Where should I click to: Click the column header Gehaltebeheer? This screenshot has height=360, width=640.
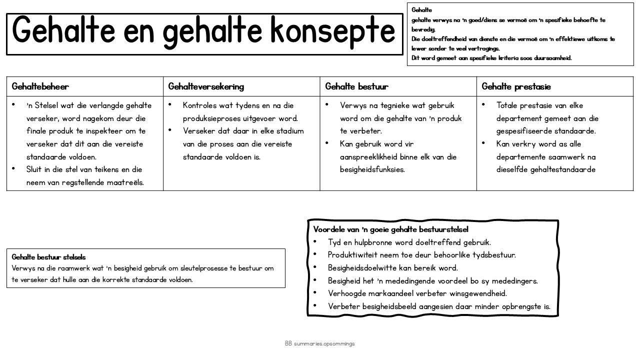[40, 86]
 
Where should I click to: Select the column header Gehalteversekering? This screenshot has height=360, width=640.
[206, 86]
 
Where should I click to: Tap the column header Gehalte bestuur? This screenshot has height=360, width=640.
[356, 86]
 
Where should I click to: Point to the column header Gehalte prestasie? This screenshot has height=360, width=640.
[516, 86]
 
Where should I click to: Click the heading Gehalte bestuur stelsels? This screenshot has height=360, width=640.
[48, 257]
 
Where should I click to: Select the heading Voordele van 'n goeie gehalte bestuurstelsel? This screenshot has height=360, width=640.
[391, 229]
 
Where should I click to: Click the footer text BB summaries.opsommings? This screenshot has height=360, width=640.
[320, 343]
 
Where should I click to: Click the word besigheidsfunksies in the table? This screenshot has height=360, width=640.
[372, 169]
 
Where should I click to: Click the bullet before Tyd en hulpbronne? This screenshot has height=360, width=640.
[315, 242]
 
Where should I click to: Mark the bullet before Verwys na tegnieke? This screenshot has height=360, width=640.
[327, 105]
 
